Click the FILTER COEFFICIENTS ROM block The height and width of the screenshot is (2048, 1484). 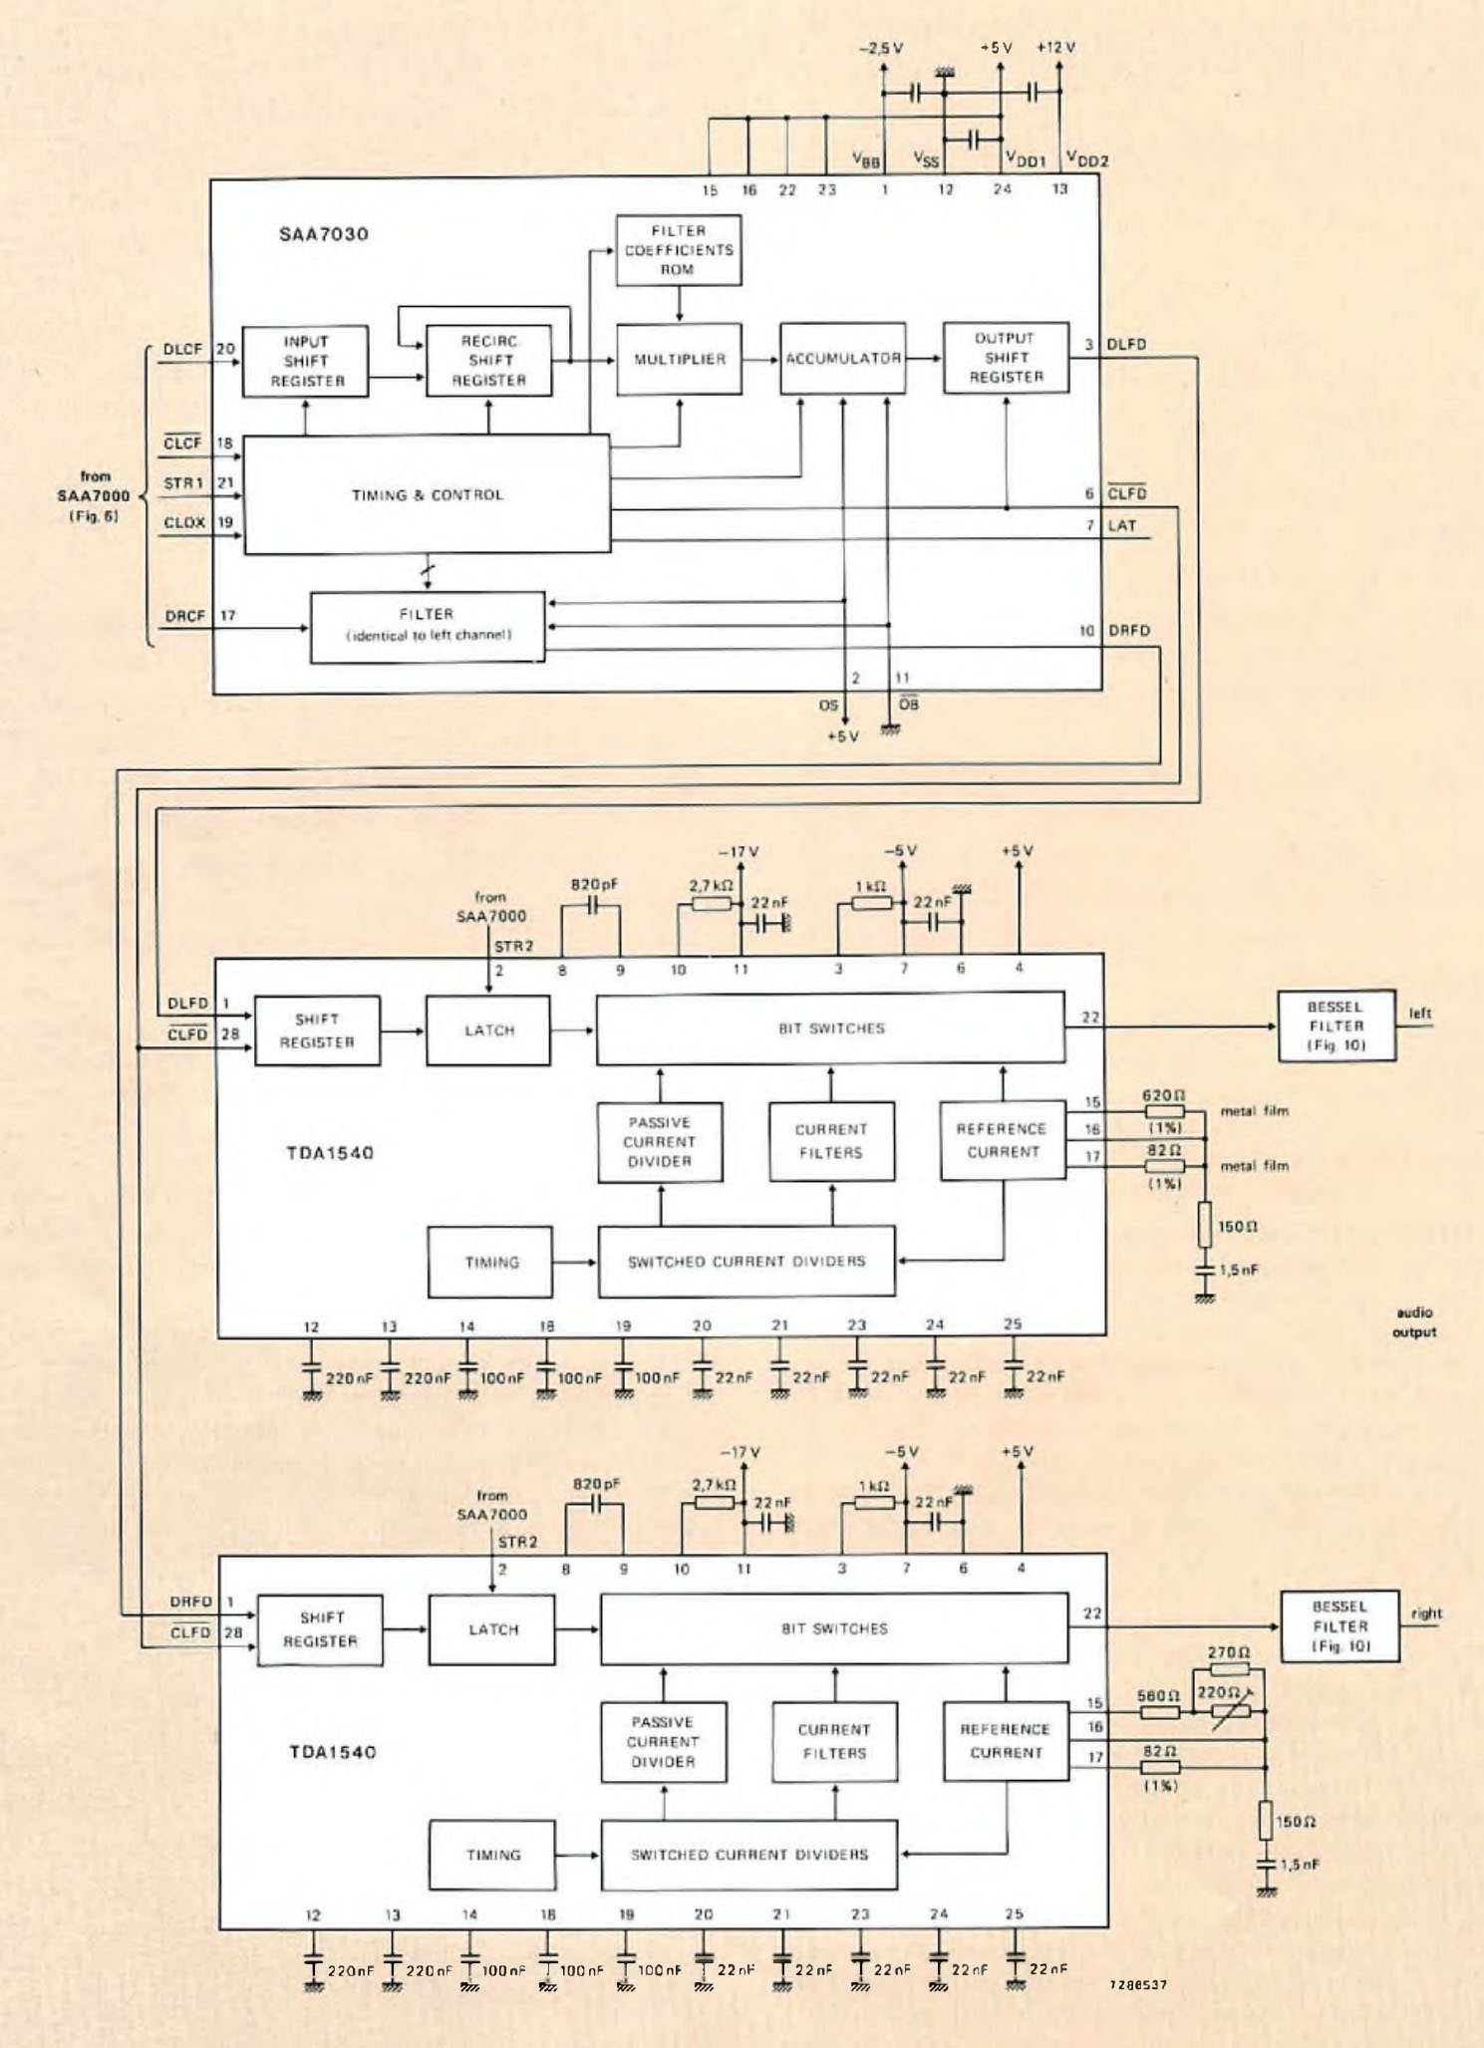click(x=678, y=250)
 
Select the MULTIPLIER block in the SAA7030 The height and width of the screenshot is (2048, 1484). click(x=679, y=359)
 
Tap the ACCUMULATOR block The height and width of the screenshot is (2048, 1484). click(x=842, y=358)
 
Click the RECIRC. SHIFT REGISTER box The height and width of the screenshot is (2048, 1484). click(x=488, y=361)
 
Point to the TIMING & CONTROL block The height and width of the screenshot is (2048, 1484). click(x=427, y=494)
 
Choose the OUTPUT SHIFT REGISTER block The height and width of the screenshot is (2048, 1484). click(x=1006, y=358)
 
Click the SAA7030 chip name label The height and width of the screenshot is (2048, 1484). click(x=323, y=234)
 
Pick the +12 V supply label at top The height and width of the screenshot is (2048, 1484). click(x=1055, y=47)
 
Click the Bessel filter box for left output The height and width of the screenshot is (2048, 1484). click(x=1336, y=1025)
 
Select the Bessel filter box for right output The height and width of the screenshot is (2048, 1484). click(x=1339, y=1626)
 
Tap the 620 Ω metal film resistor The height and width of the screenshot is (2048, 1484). click(x=1164, y=1111)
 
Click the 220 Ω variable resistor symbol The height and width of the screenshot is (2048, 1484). click(x=1230, y=1711)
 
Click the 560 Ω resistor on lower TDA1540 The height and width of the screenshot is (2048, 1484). click(x=1159, y=1712)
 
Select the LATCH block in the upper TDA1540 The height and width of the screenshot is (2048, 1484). click(x=488, y=1030)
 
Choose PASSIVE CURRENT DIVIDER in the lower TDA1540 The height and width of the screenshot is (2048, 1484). click(x=663, y=1742)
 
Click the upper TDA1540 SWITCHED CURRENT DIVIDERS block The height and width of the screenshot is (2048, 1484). click(x=745, y=1262)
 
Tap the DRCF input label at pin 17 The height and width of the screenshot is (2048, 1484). click(x=185, y=616)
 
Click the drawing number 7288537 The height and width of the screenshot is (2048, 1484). click(x=1137, y=1985)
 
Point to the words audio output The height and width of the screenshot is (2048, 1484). click(x=1414, y=1321)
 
